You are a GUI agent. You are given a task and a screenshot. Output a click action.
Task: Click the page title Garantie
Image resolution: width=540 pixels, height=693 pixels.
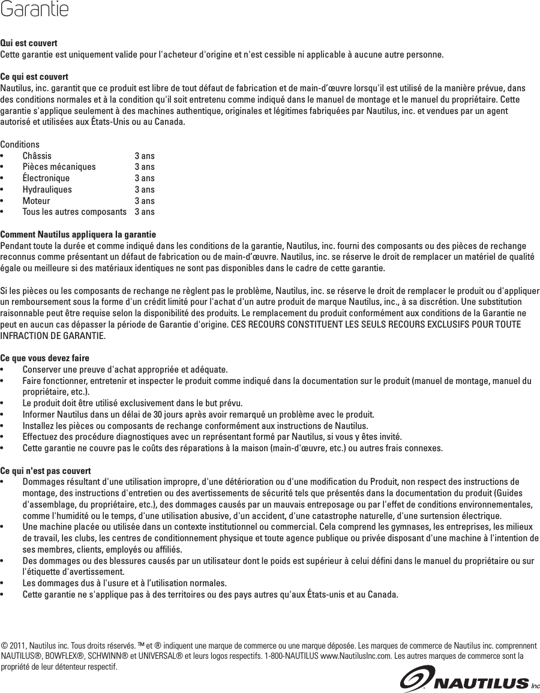34,10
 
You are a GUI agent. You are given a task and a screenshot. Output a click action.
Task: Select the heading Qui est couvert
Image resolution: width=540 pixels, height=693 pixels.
29,44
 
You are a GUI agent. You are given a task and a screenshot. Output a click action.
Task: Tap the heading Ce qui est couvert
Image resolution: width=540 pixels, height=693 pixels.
34,77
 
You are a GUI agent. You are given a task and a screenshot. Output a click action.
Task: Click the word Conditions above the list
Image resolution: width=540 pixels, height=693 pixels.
20,145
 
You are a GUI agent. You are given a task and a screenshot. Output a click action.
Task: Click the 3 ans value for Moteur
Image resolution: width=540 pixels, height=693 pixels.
145,201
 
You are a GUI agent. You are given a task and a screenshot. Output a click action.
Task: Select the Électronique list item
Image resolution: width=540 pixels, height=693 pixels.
46,178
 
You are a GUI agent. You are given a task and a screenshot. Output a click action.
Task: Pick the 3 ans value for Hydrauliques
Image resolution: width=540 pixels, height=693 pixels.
145,190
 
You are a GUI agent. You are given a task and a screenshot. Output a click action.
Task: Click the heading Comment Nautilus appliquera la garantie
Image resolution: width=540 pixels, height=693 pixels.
78,234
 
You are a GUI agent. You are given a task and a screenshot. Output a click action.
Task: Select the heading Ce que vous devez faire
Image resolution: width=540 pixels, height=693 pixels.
45,358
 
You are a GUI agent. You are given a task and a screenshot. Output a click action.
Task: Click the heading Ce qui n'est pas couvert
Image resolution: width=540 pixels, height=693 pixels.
46,470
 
